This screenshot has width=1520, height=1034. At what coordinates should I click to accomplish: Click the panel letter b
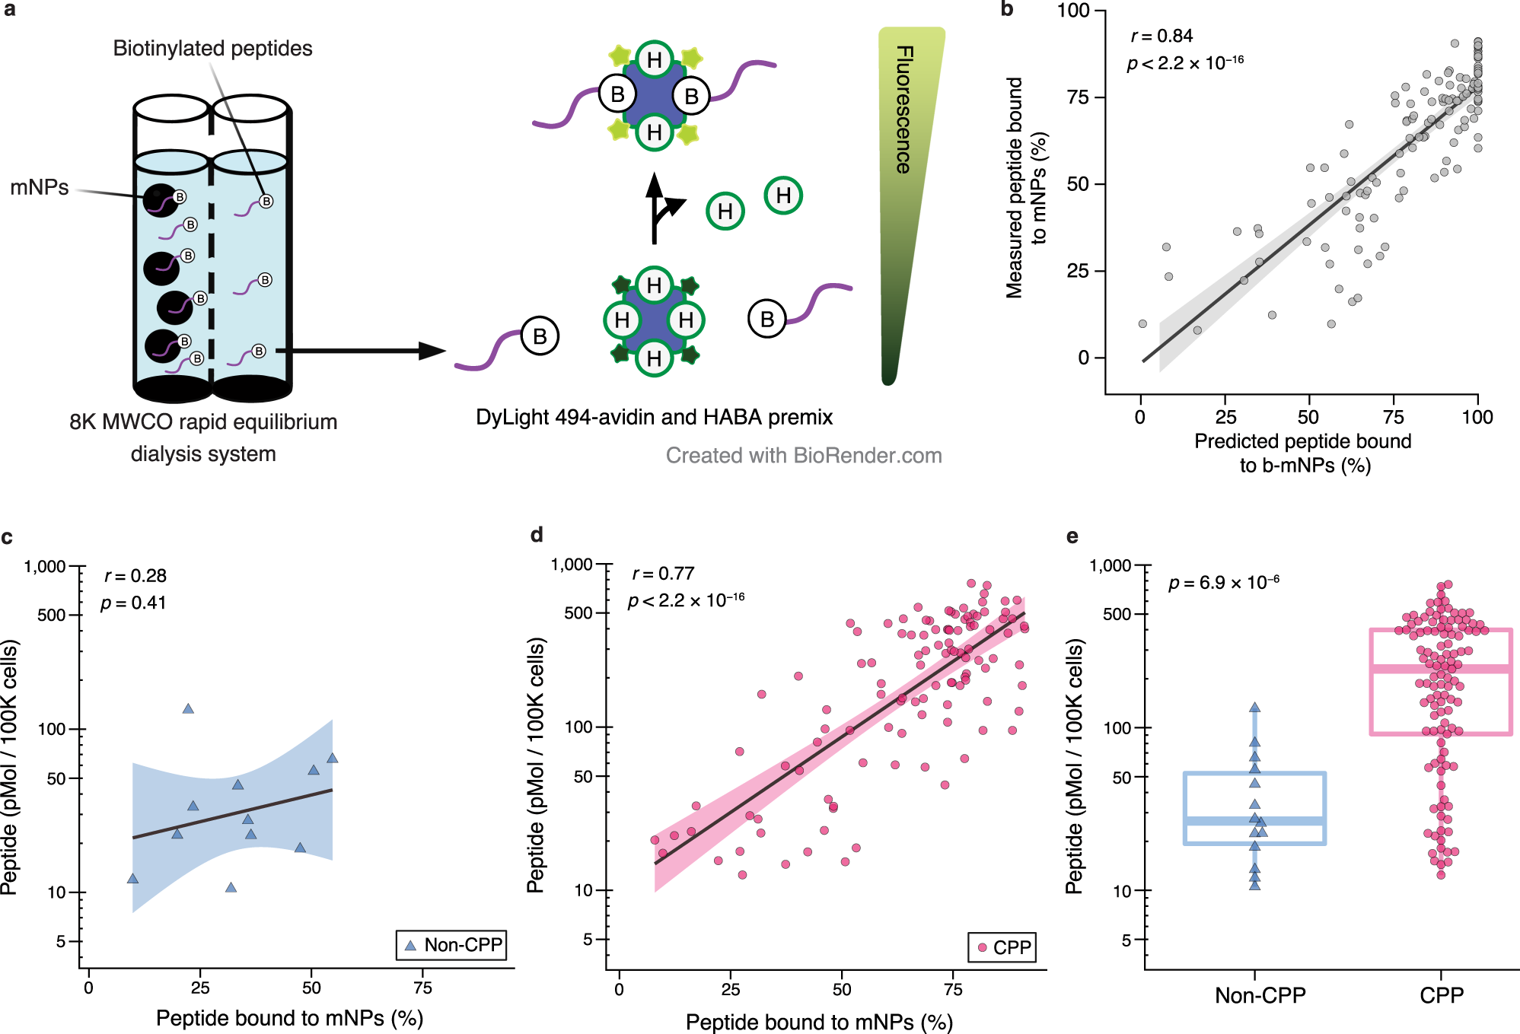(1006, 10)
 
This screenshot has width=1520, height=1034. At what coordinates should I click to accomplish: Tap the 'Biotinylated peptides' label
(212, 49)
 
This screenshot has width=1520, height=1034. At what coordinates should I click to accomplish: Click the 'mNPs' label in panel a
(39, 187)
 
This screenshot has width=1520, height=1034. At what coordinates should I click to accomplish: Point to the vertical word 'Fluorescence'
(904, 110)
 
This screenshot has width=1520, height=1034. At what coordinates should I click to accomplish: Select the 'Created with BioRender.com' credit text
(803, 455)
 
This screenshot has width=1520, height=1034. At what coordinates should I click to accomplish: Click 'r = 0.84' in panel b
(1162, 36)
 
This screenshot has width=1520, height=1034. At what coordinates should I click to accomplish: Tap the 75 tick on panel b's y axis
(1078, 97)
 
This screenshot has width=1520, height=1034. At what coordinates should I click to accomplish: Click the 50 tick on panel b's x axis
(1308, 417)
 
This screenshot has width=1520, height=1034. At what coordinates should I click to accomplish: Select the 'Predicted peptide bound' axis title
(1302, 441)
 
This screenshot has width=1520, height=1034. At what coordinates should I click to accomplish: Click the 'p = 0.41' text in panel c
(133, 603)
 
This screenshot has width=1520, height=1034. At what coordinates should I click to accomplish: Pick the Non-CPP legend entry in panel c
(451, 945)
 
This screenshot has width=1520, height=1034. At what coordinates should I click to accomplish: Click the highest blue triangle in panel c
(188, 708)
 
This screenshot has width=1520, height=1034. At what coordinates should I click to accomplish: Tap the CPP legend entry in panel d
(1002, 947)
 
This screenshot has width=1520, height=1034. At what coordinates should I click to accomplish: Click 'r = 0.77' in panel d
(663, 574)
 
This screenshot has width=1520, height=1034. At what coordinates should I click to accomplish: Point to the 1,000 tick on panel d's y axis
(572, 564)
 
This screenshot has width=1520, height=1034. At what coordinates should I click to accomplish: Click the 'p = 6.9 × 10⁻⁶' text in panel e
(1223, 583)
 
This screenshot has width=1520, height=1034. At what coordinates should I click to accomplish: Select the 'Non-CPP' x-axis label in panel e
(1260, 995)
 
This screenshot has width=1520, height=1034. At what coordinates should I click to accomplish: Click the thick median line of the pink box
(1440, 669)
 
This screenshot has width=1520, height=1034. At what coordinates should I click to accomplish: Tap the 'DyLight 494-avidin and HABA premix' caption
(654, 417)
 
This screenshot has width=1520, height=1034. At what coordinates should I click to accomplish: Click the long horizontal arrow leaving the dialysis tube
(358, 351)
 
